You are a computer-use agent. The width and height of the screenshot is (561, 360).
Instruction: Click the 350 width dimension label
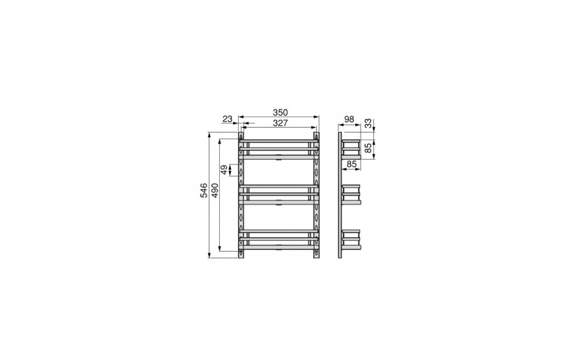(280, 112)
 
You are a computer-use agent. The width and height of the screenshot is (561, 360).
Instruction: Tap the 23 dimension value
(227, 119)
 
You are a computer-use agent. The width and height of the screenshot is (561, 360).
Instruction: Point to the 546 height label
(204, 190)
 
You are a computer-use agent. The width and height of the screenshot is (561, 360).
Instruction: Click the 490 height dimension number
(215, 190)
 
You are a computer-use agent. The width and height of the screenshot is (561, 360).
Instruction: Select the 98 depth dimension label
(349, 119)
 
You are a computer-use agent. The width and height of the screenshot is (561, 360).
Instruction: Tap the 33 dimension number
(368, 124)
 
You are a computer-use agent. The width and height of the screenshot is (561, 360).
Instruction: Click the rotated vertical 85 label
(368, 149)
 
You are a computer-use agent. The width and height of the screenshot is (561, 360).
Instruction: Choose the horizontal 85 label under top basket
(351, 165)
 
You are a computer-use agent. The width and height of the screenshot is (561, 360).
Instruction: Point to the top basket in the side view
(352, 149)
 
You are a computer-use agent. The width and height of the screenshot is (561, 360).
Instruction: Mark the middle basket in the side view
(352, 195)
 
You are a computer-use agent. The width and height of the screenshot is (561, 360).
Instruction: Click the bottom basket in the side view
(352, 239)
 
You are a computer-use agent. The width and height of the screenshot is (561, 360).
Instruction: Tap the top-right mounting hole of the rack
(317, 136)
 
